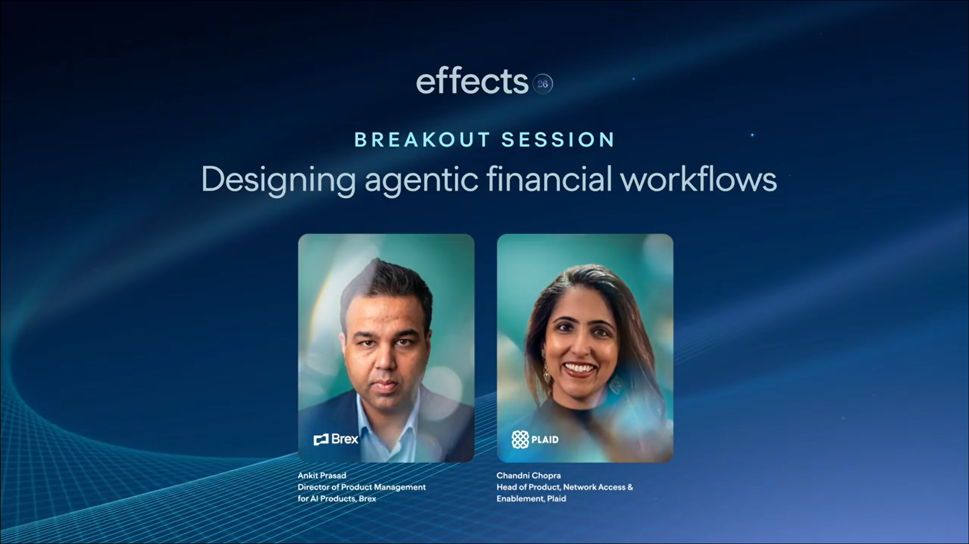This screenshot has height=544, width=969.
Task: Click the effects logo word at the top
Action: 472,81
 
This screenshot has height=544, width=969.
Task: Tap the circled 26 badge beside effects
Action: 543,84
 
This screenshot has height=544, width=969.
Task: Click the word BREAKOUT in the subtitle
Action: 422,140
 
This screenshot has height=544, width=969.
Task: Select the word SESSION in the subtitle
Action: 558,140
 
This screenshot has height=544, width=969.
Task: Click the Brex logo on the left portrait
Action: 336,439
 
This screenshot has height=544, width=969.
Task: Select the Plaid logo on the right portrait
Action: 535,440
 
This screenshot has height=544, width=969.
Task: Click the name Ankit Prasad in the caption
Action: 322,475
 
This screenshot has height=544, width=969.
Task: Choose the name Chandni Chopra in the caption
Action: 529,475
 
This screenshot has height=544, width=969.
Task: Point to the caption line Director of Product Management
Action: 362,487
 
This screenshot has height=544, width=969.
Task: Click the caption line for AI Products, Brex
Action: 337,499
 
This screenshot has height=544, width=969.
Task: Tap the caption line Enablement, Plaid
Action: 531,499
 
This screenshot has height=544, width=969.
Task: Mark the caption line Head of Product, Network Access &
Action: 564,487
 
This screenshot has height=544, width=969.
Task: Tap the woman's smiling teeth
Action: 580,368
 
